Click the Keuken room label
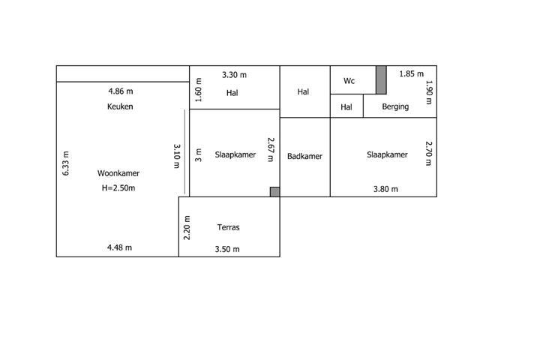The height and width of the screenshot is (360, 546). pyautogui.click(x=120, y=106)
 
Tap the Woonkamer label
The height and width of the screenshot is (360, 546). pyautogui.click(x=118, y=173)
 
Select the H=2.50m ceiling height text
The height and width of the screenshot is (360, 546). pyautogui.click(x=118, y=188)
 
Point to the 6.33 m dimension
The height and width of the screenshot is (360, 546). pyautogui.click(x=65, y=163)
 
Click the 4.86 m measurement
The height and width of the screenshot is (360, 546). pyautogui.click(x=121, y=91)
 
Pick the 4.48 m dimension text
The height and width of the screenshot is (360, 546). pyautogui.click(x=119, y=247)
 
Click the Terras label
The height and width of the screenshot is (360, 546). pyautogui.click(x=229, y=227)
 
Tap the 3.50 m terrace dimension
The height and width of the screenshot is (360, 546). pyautogui.click(x=227, y=249)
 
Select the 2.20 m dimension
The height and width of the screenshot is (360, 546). pyautogui.click(x=187, y=228)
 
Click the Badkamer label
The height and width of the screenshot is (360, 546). pyautogui.click(x=304, y=156)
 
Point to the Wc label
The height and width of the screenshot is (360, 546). pyautogui.click(x=349, y=81)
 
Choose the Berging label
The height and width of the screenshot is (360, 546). pyautogui.click(x=395, y=106)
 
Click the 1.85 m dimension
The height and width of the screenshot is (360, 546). pyautogui.click(x=412, y=73)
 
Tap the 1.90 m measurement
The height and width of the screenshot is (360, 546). pyautogui.click(x=429, y=92)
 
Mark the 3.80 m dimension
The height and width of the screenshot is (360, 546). pyautogui.click(x=385, y=189)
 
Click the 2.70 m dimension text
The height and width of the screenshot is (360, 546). pyautogui.click(x=429, y=154)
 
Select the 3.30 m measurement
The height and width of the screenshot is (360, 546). pyautogui.click(x=234, y=75)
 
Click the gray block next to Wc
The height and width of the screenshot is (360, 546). pyautogui.click(x=381, y=79)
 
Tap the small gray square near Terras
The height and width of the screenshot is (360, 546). pyautogui.click(x=274, y=192)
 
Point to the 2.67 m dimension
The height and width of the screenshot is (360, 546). pyautogui.click(x=271, y=150)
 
